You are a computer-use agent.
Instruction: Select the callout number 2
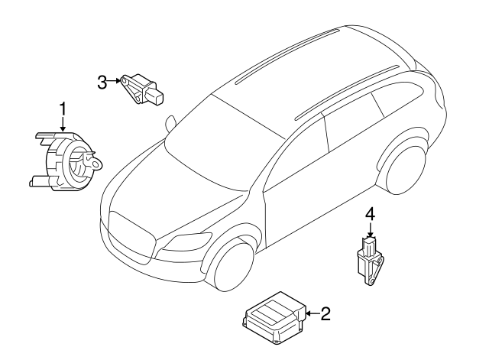point(325,313)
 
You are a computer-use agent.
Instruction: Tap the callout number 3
point(102,81)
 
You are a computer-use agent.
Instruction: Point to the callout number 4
point(369,216)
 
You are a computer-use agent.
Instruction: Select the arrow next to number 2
point(311,313)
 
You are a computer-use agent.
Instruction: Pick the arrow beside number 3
point(115,81)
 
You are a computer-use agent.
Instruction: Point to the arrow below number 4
point(369,230)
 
